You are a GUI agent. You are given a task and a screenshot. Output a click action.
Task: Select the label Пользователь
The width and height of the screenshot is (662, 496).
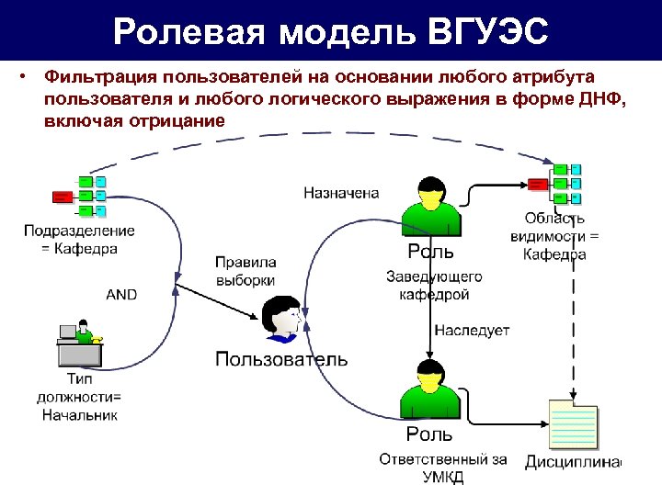pos(280,358)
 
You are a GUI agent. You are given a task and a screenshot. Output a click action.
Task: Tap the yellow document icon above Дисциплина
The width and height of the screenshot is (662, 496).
pos(572,423)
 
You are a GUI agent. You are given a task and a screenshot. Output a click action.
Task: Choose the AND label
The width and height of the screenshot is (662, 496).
pos(121,294)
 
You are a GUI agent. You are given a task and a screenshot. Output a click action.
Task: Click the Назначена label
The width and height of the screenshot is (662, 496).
pos(341,193)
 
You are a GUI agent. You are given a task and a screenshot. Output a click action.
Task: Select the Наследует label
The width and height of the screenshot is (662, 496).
pos(472,330)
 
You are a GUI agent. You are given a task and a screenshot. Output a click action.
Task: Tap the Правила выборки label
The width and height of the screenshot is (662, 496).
pos(245,270)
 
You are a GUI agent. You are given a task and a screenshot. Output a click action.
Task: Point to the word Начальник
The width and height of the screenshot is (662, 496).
pos(80,414)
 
